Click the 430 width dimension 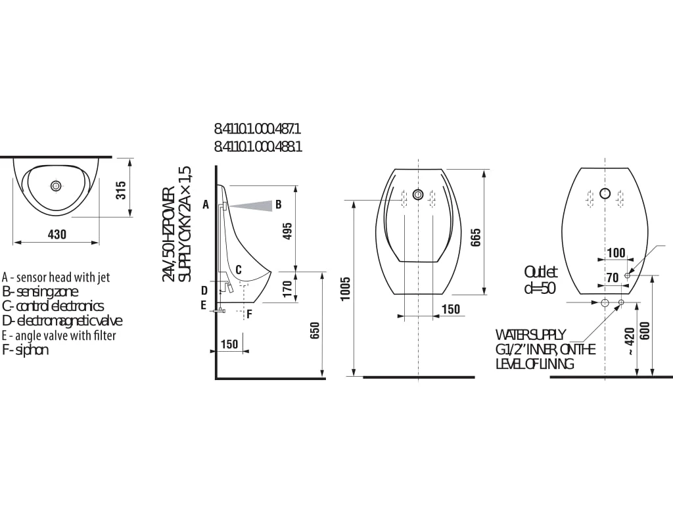click(57, 235)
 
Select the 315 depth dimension click(122, 190)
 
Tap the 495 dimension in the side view click(288, 231)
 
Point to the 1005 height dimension click(346, 289)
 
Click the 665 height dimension click(476, 237)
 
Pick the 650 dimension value click(315, 331)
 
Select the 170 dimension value click(288, 289)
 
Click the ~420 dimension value click(629, 342)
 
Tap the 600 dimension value click(645, 331)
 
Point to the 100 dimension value click(616, 252)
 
